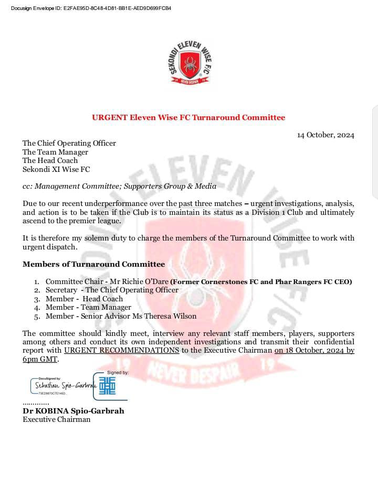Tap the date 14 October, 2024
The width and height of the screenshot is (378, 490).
325,135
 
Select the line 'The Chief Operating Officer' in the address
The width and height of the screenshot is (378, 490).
69,143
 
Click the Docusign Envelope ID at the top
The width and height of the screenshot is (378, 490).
91,8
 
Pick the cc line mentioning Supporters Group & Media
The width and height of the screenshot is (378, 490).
119,186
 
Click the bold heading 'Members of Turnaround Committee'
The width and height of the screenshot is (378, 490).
93,264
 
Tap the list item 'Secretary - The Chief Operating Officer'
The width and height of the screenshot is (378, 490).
112,290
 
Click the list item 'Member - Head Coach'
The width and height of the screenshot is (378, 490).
84,299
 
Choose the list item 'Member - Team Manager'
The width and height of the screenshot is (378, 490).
88,307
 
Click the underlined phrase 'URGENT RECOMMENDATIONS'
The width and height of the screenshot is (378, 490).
122,351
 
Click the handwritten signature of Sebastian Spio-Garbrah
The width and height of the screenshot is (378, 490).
62,385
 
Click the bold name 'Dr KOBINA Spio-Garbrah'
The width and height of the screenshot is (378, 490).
73,411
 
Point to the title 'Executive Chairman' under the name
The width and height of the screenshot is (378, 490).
56,419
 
